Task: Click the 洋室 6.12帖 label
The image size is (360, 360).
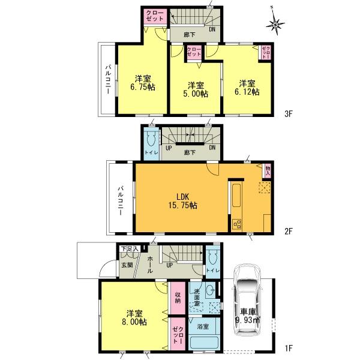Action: [247, 87]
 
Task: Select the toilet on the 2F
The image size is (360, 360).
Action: [149, 142]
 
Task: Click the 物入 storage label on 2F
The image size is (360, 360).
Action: [267, 171]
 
